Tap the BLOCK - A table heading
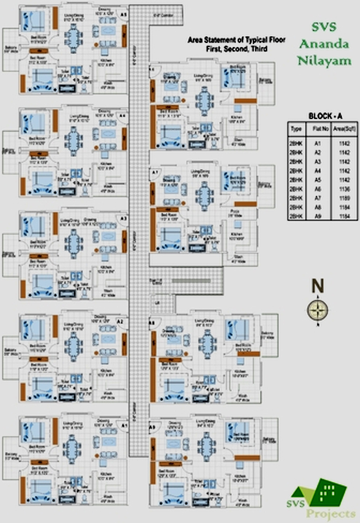pyautogui.click(x=325, y=116)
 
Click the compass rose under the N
pyautogui.click(x=318, y=310)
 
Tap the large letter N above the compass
pyautogui.click(x=318, y=286)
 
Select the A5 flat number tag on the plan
pyautogui.click(x=124, y=15)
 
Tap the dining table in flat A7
pyautogui.click(x=204, y=194)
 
